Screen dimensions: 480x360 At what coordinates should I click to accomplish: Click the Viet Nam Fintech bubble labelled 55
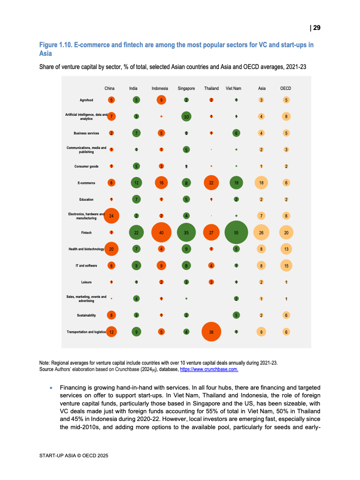[236, 233]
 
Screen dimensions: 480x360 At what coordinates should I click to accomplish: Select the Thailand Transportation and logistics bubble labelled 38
[211, 332]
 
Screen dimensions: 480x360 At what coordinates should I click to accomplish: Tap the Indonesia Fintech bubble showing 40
[161, 233]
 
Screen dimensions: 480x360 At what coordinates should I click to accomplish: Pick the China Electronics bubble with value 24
[111, 216]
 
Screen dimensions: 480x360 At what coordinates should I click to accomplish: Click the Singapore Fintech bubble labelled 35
[186, 233]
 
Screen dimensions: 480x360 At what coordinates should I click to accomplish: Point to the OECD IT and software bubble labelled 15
[286, 266]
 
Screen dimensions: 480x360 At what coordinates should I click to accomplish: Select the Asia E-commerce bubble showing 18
[261, 183]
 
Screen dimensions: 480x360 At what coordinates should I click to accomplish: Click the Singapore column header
[186, 89]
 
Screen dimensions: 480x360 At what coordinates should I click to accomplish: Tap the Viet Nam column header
[233, 89]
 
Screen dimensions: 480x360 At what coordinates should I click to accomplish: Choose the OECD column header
[286, 89]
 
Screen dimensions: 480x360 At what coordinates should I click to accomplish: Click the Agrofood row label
[86, 100]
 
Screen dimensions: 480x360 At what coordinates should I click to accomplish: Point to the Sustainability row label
[86, 315]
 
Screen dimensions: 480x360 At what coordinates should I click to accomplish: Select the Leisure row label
[86, 282]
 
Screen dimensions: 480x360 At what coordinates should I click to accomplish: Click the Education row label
[86, 199]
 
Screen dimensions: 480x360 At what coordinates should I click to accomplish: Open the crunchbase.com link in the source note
[209, 370]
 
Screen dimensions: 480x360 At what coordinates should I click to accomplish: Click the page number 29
[316, 28]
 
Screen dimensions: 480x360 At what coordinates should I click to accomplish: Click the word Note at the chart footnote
[45, 363]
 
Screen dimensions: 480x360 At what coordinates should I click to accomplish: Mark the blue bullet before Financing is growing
[51, 388]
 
